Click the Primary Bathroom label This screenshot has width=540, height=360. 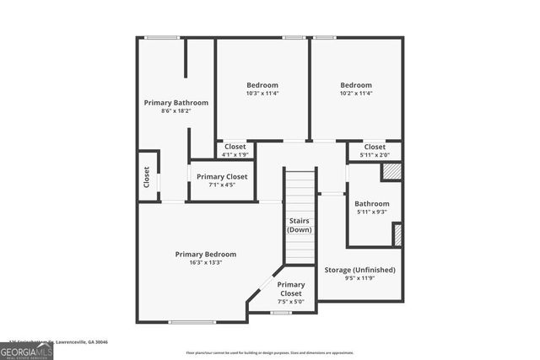click(175, 103)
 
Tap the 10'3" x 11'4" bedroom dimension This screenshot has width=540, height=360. click(262, 94)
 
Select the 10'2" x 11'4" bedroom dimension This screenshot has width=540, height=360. click(356, 94)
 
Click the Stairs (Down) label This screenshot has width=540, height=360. click(300, 225)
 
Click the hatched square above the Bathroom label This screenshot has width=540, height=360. click(391, 171)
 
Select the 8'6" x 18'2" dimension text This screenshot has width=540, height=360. click(175, 111)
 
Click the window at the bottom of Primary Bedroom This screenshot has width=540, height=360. click(186, 322)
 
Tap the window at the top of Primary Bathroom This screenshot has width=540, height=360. click(161, 37)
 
